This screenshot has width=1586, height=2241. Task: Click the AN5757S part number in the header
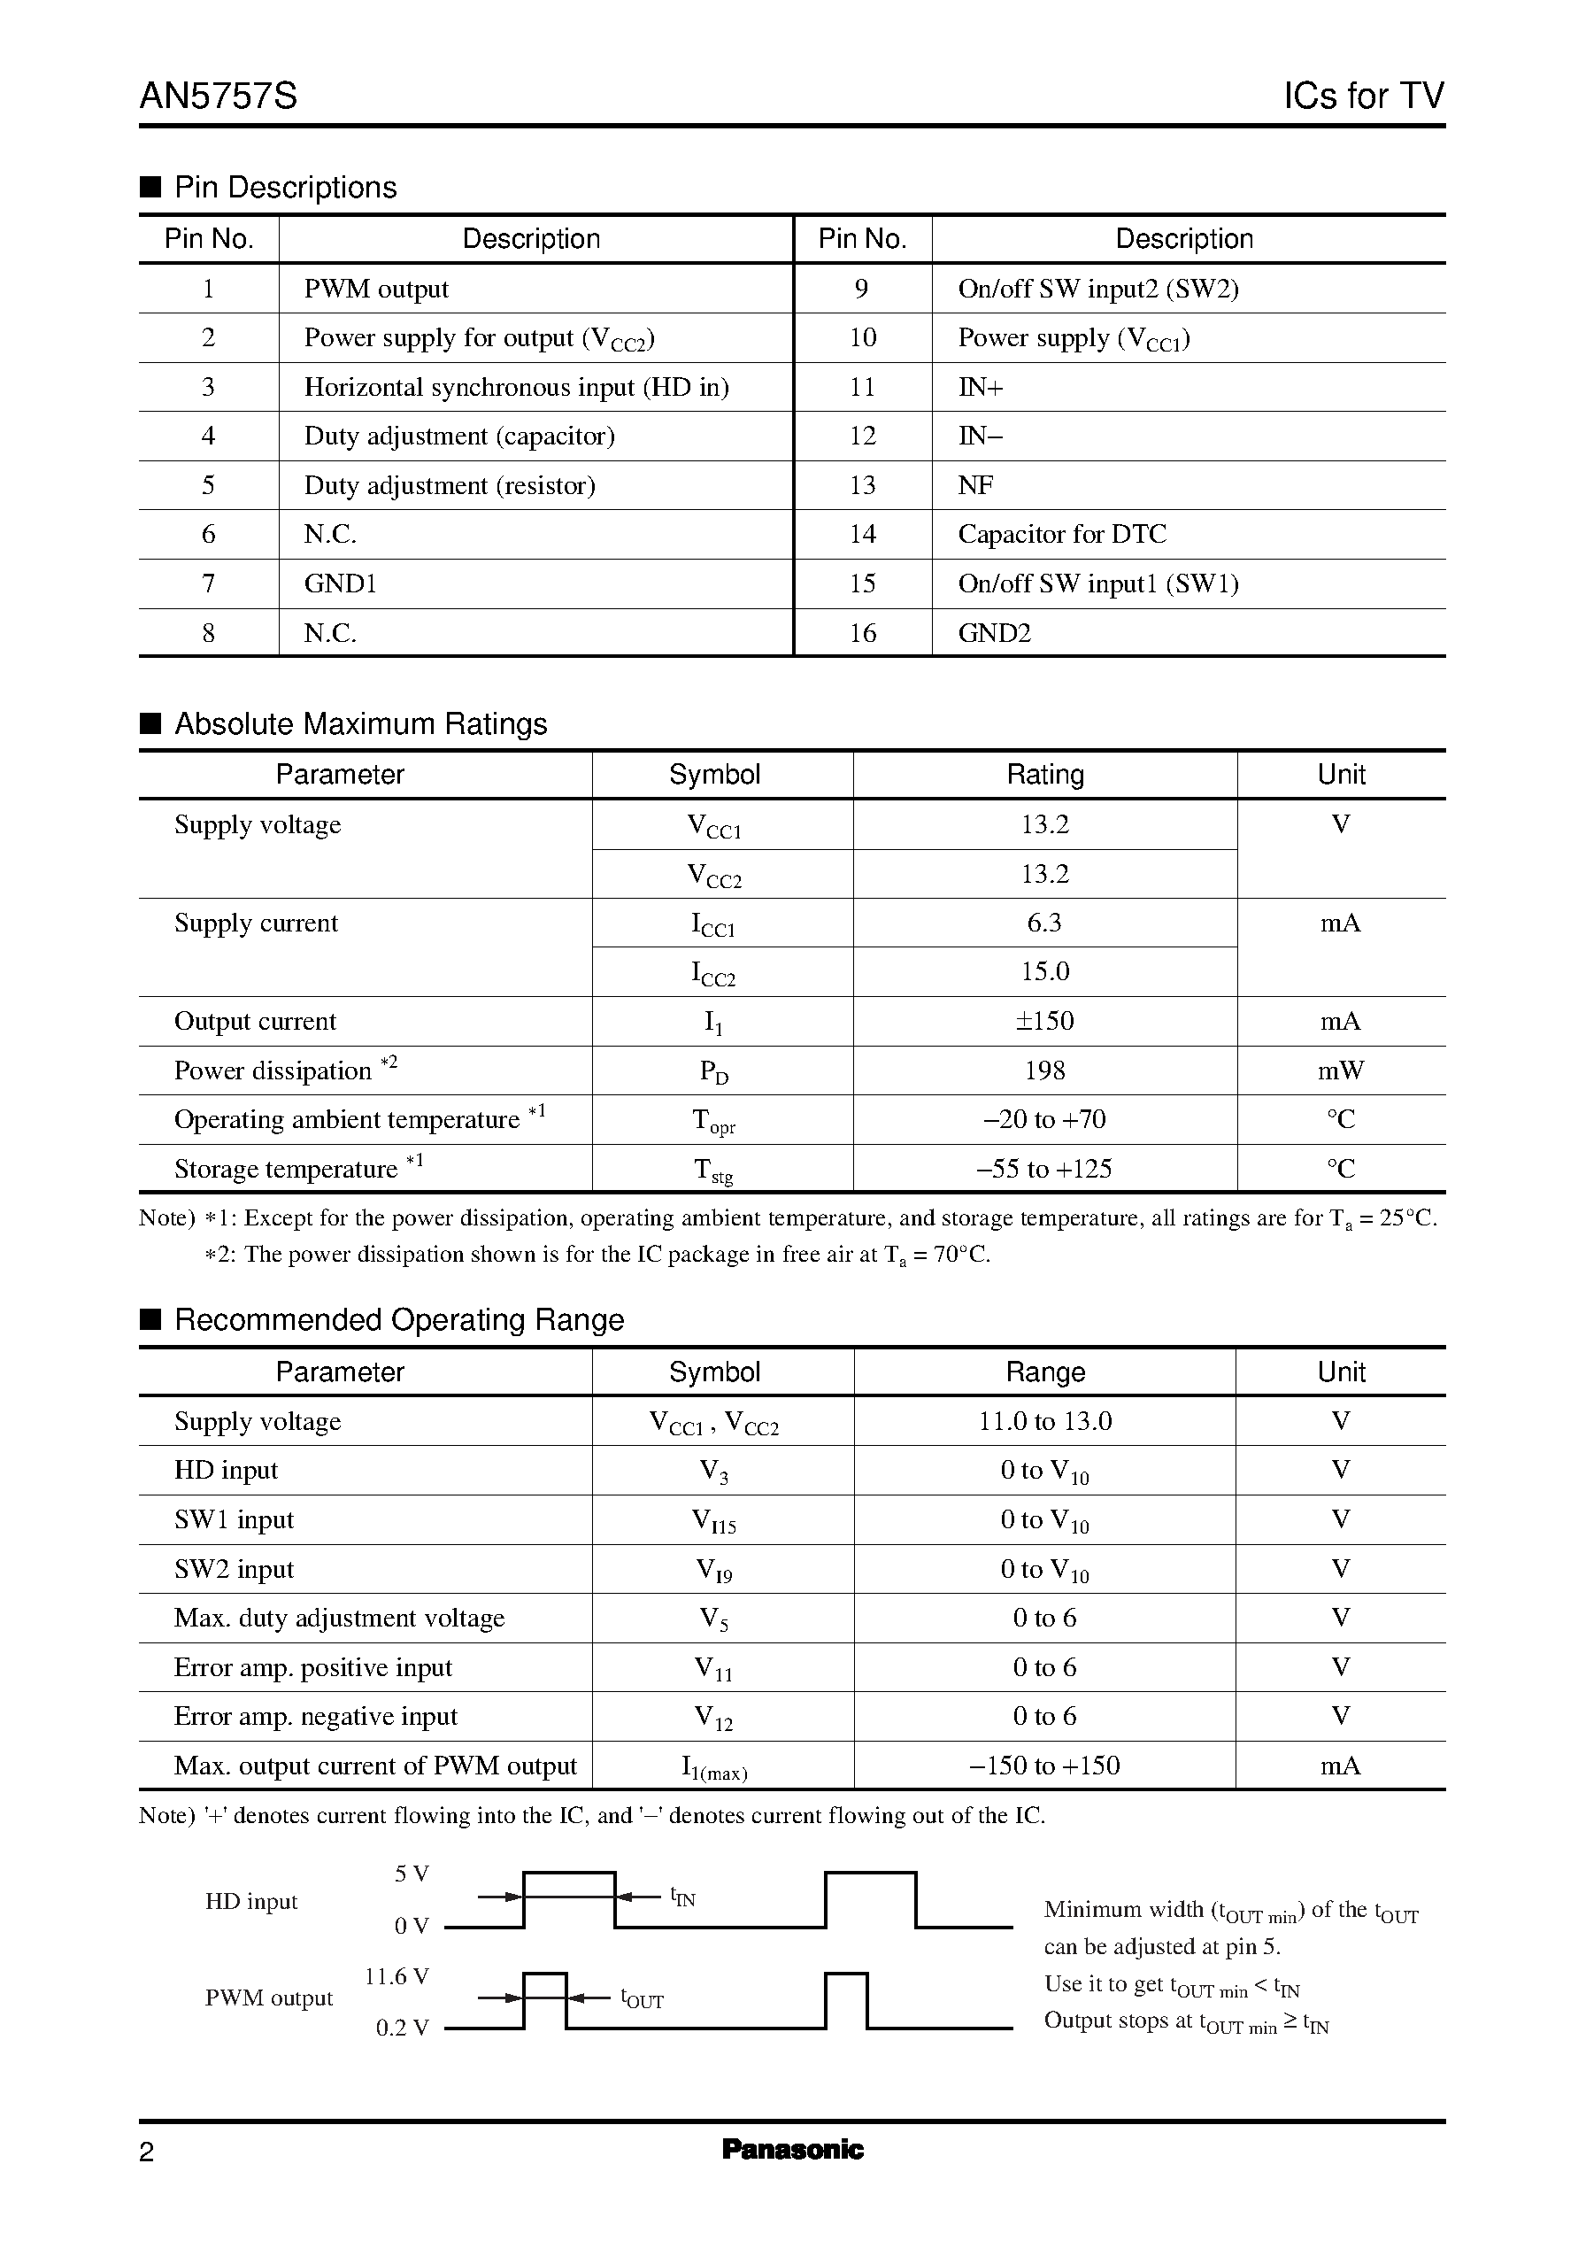point(218,96)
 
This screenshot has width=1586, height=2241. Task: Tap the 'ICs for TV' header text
point(1362,96)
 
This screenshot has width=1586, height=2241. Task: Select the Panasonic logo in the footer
point(792,2149)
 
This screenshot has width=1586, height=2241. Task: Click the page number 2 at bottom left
point(147,2152)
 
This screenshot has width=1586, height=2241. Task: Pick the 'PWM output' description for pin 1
point(376,290)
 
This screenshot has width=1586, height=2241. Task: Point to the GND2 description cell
point(994,633)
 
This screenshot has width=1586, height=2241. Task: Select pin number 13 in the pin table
point(862,485)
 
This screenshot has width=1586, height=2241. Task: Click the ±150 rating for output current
point(1044,1021)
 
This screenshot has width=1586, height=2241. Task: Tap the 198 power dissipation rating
point(1044,1070)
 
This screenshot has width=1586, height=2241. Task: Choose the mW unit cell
point(1340,1070)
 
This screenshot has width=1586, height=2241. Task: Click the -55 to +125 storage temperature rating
point(1044,1169)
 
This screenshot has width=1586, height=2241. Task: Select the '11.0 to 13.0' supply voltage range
point(1044,1421)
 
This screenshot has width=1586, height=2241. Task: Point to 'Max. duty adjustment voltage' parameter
point(339,1618)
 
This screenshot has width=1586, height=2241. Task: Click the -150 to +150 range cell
point(1044,1766)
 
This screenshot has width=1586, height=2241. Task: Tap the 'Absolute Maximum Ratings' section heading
point(360,724)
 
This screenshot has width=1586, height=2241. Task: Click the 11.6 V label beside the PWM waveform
point(396,1977)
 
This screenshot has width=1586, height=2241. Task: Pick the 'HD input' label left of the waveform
point(251,1901)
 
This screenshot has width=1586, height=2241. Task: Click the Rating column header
point(1044,775)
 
